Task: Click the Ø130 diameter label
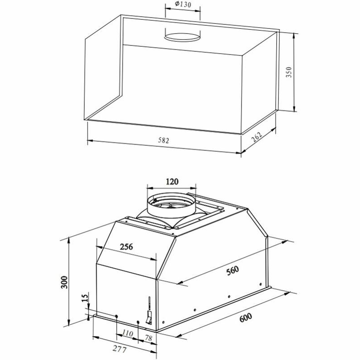point(182,5)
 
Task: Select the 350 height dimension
point(289,72)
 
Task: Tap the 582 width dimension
point(163,141)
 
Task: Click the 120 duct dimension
point(172,182)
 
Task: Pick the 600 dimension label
point(246,317)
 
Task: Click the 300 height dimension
point(64,282)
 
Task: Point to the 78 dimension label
point(148,337)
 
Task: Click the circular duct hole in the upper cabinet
point(182,36)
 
